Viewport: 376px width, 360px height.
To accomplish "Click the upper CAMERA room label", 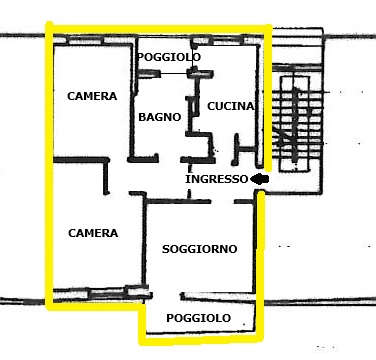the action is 92,96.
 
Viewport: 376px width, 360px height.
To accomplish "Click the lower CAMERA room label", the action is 93,233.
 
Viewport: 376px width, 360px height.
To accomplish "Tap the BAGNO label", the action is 160,117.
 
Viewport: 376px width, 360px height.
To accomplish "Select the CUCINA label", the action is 231,106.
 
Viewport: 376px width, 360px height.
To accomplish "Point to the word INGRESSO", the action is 217,179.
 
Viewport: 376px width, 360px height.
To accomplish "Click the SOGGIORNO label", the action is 199,249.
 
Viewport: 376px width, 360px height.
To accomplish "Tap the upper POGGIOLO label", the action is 169,57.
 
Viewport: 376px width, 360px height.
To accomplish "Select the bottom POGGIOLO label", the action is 198,318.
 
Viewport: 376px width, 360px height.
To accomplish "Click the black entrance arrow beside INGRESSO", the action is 259,179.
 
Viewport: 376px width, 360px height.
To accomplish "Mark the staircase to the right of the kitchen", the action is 296,123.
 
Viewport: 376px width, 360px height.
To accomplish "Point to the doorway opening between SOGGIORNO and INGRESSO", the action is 222,201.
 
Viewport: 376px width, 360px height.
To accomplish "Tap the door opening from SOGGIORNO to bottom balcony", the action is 166,295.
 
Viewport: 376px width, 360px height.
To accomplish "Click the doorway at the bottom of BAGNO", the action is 169,160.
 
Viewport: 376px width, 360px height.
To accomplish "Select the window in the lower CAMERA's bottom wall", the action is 107,294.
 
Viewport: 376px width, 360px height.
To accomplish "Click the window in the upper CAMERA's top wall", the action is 86,41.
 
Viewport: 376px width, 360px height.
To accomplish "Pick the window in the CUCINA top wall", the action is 227,41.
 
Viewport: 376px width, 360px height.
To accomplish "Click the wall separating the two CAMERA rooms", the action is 81,160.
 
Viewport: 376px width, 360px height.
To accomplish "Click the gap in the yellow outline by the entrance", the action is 263,180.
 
